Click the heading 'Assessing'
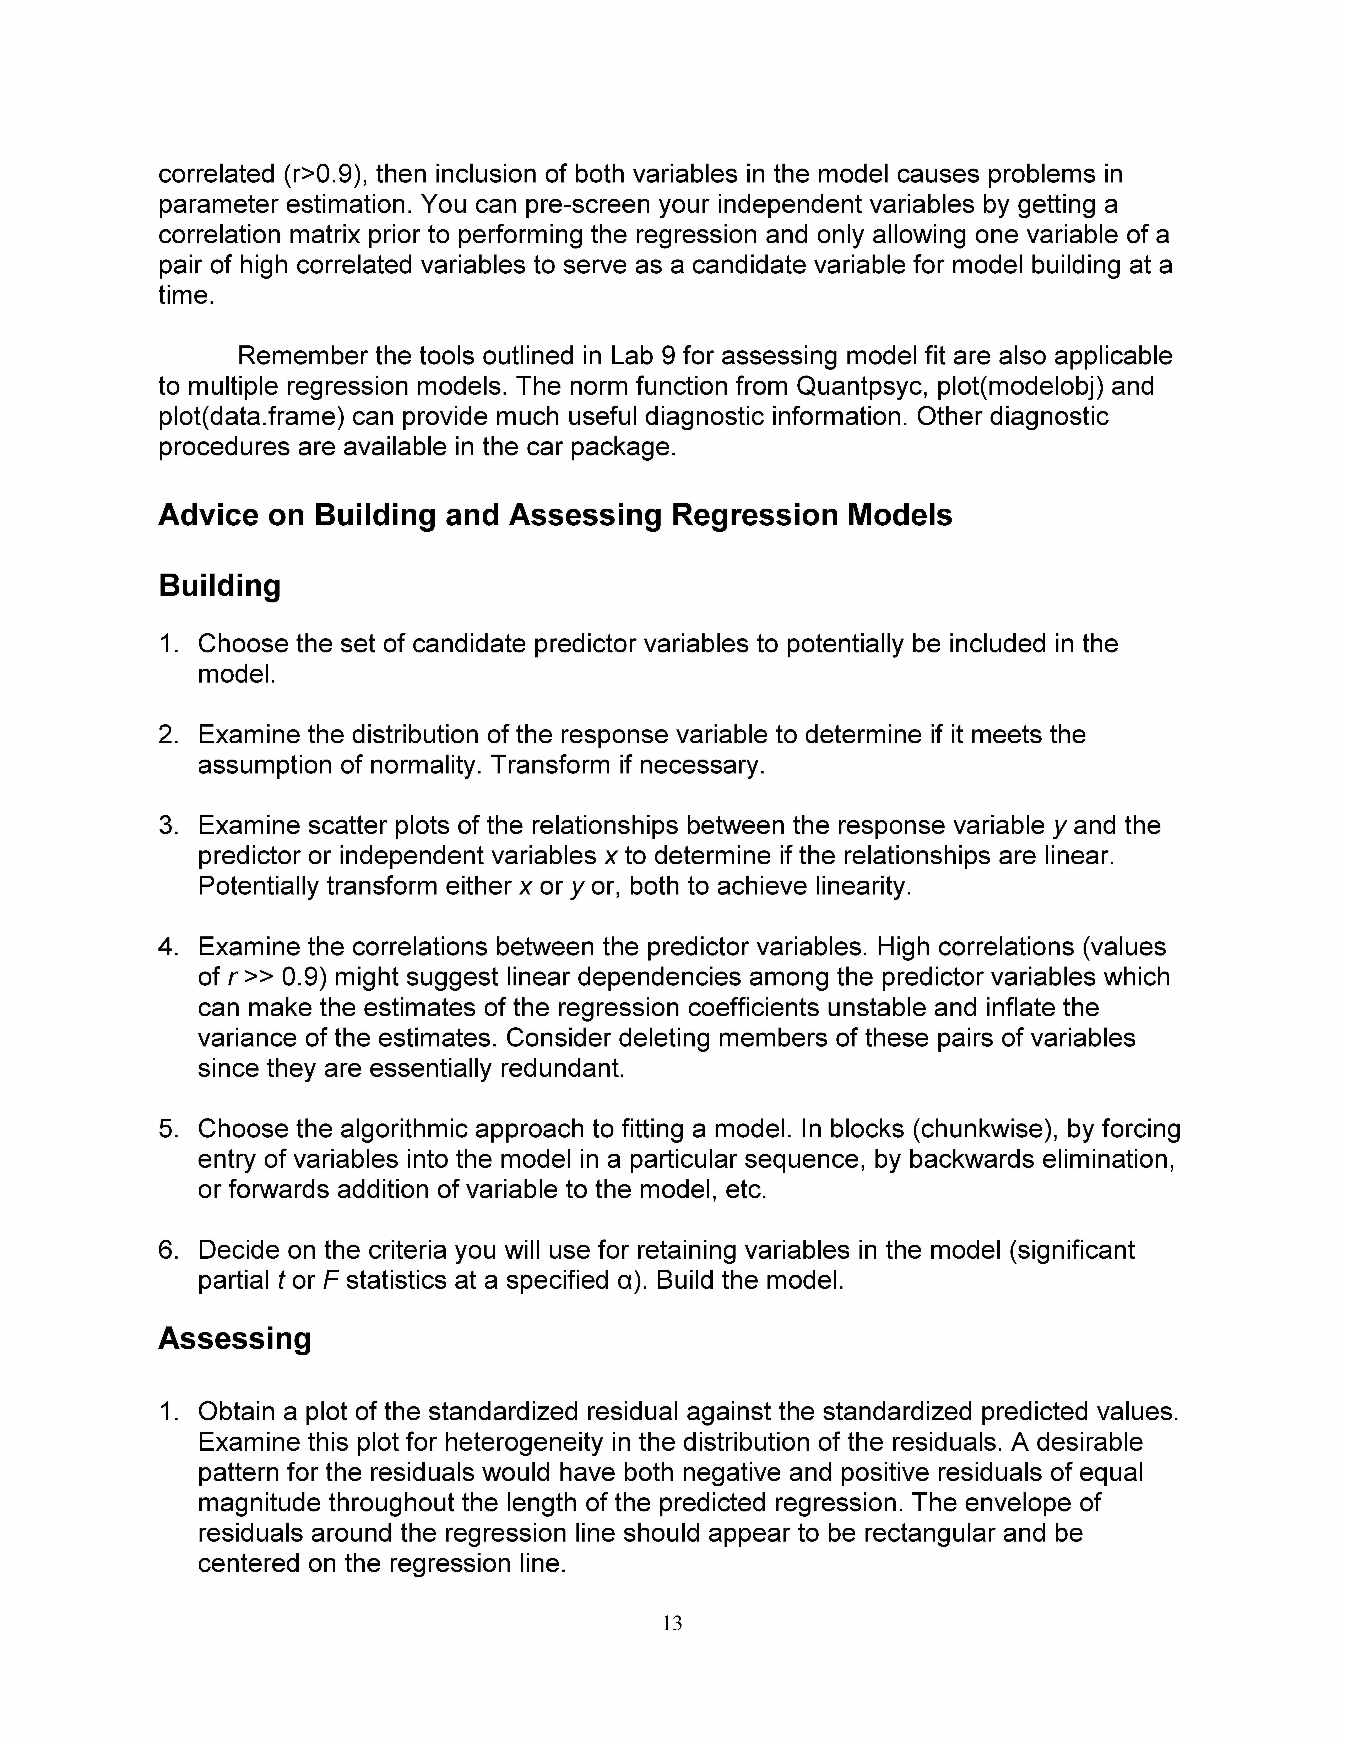(234, 1338)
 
